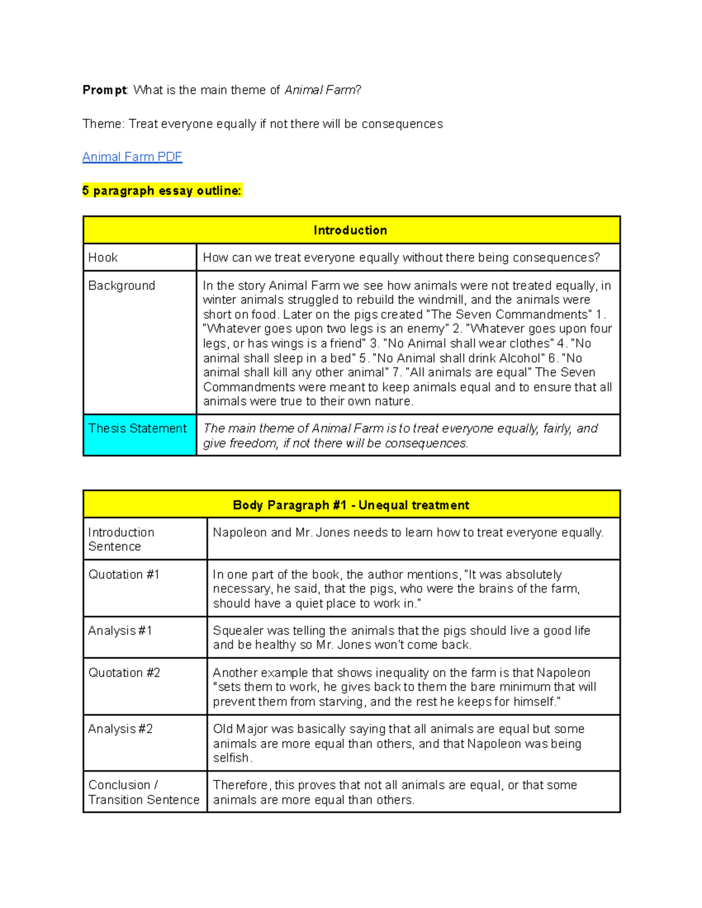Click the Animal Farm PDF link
point(132,157)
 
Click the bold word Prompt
point(104,90)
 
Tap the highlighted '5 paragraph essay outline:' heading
point(161,191)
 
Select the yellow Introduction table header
point(350,230)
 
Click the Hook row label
point(103,257)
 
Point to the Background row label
point(122,285)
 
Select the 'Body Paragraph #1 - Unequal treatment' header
point(350,505)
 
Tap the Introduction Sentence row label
point(121,539)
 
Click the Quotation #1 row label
point(123,574)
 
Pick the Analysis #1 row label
point(120,630)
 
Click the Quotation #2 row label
point(124,672)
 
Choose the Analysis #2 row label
point(121,729)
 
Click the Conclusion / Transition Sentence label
point(143,792)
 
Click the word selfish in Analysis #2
point(231,758)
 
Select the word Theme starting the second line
point(103,124)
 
